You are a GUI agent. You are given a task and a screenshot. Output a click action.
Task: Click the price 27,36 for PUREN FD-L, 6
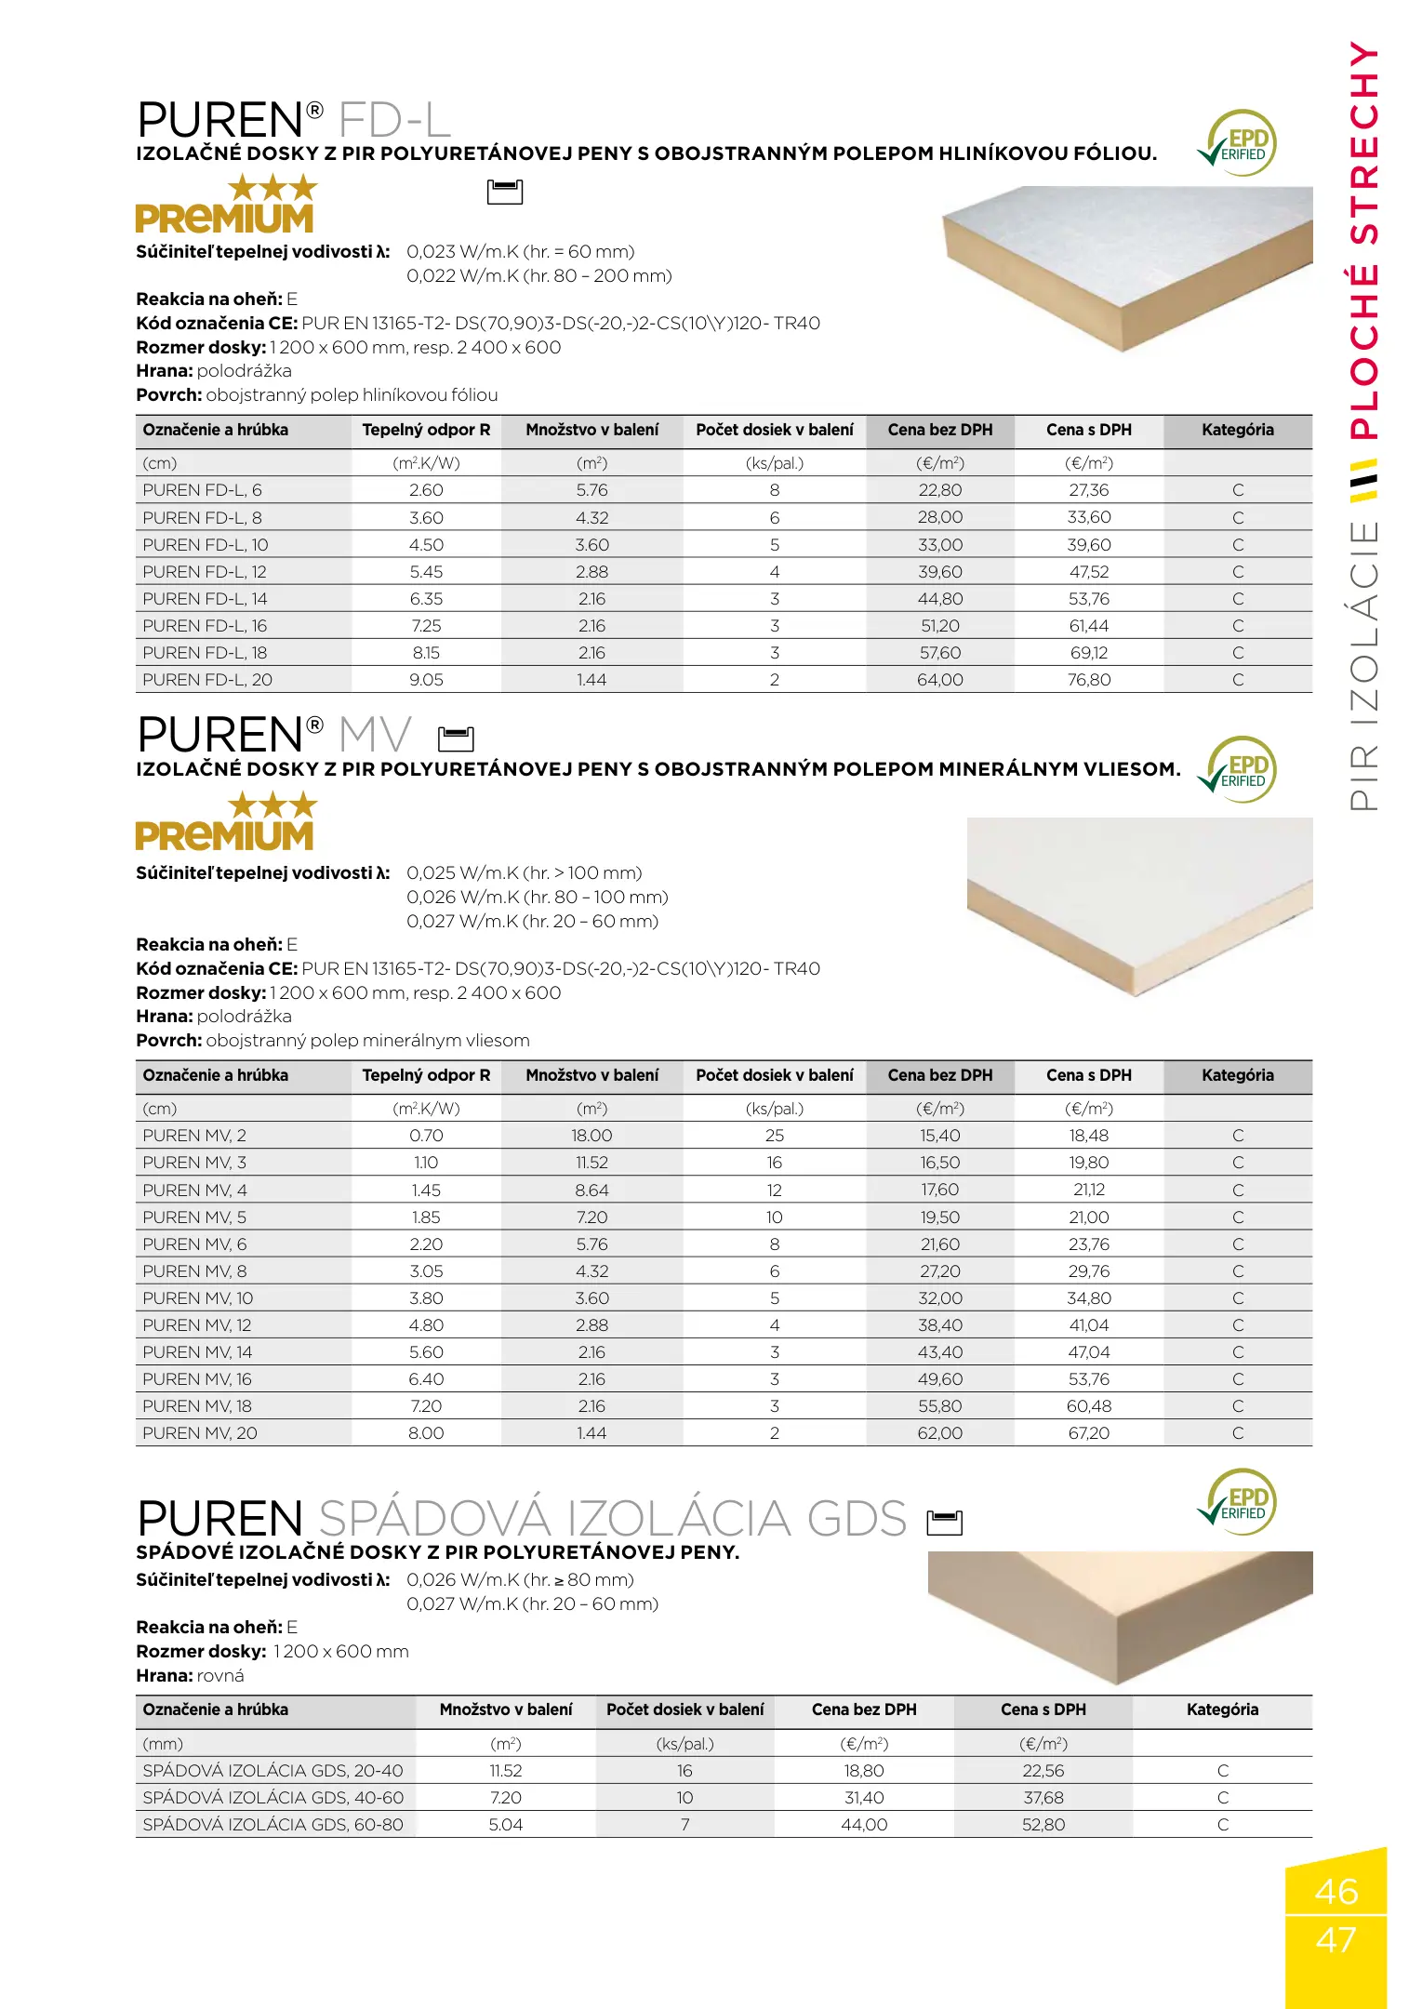pos(1088,490)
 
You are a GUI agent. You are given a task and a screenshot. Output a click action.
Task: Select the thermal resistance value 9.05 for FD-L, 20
pos(426,680)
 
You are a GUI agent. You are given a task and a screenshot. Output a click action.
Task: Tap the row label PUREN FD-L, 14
pos(205,599)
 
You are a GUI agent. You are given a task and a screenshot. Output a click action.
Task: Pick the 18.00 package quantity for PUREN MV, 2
pos(591,1136)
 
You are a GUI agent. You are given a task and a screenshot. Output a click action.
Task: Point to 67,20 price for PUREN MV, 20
pos(1088,1433)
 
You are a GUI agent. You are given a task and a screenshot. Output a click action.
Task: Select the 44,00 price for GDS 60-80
pos(864,1825)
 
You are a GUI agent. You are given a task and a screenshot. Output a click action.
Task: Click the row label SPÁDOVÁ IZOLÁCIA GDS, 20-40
pos(272,1771)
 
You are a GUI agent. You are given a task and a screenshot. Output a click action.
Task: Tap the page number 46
pos(1336,1892)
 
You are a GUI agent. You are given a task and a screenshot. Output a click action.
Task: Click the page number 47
pos(1336,1940)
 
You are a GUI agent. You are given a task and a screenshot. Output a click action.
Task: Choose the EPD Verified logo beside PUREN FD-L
pos(1238,144)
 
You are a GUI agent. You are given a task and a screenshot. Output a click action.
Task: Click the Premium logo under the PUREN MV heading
pos(225,822)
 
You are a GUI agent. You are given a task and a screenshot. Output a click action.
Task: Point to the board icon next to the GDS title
pos(944,1523)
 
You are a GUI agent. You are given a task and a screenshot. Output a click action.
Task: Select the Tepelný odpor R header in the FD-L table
pos(426,430)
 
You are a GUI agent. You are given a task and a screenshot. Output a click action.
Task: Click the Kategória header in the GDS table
pos(1222,1710)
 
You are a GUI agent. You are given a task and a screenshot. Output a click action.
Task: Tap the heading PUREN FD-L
pos(294,120)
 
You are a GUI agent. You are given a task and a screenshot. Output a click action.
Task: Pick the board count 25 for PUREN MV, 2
pos(774,1136)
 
